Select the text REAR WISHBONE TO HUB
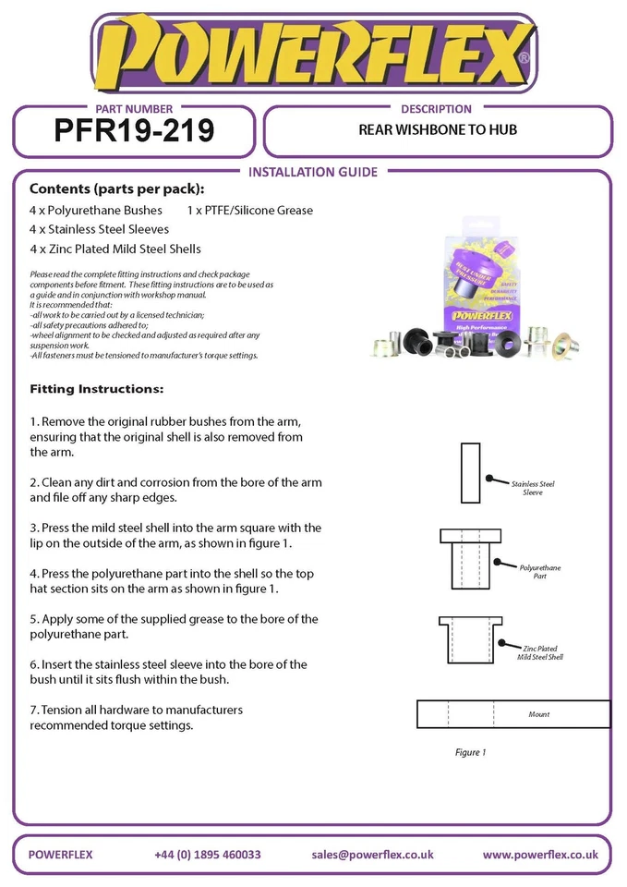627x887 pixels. tap(437, 130)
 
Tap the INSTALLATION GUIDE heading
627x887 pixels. tap(313, 172)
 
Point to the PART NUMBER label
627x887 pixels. tap(134, 109)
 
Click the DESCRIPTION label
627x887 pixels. tap(437, 109)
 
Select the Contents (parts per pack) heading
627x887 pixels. tap(117, 189)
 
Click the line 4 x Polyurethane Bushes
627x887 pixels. tap(96, 210)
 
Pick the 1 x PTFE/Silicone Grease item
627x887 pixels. tap(249, 210)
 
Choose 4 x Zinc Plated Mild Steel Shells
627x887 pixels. tap(115, 249)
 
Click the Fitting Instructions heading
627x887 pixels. tap(96, 389)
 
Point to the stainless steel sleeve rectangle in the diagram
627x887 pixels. tap(470, 472)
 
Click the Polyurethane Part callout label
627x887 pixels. tap(539, 571)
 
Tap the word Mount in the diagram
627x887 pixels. tap(539, 714)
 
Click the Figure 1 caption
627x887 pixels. tap(469, 753)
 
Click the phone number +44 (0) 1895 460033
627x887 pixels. tap(208, 855)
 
